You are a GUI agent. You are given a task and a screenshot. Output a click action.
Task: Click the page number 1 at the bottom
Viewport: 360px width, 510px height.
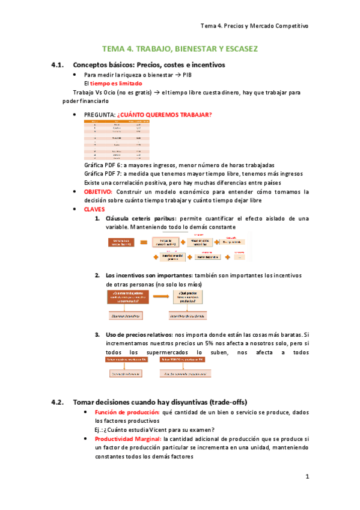307,477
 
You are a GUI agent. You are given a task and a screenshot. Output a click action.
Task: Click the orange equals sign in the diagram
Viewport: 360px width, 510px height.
144,242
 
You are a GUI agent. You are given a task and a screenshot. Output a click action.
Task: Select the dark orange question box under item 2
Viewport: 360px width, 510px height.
128,296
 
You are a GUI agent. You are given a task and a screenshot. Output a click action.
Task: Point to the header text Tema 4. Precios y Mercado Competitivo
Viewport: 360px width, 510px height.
254,26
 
